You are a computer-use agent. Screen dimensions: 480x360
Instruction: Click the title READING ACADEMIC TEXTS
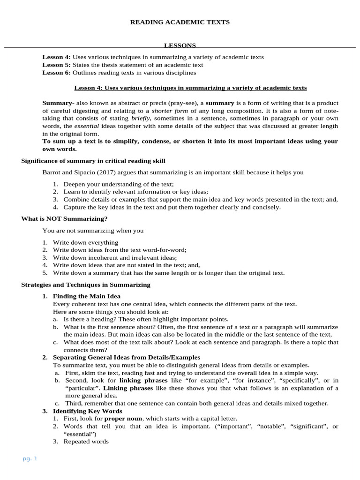pyautogui.click(x=180, y=22)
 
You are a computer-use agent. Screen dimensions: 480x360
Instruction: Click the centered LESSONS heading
pyautogui.click(x=180, y=45)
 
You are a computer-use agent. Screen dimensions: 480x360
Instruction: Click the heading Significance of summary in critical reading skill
pyautogui.click(x=93, y=161)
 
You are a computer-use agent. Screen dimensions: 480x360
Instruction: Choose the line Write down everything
pyautogui.click(x=85, y=242)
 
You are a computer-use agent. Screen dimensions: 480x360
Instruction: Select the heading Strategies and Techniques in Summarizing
pyautogui.click(x=86, y=285)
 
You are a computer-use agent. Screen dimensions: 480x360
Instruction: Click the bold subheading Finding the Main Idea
pyautogui.click(x=87, y=296)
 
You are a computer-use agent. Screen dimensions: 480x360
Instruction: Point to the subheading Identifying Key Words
pyautogui.click(x=88, y=411)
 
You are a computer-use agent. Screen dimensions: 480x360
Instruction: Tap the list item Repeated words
pyautogui.click(x=86, y=442)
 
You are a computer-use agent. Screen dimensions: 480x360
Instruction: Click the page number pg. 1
pyautogui.click(x=30, y=458)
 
